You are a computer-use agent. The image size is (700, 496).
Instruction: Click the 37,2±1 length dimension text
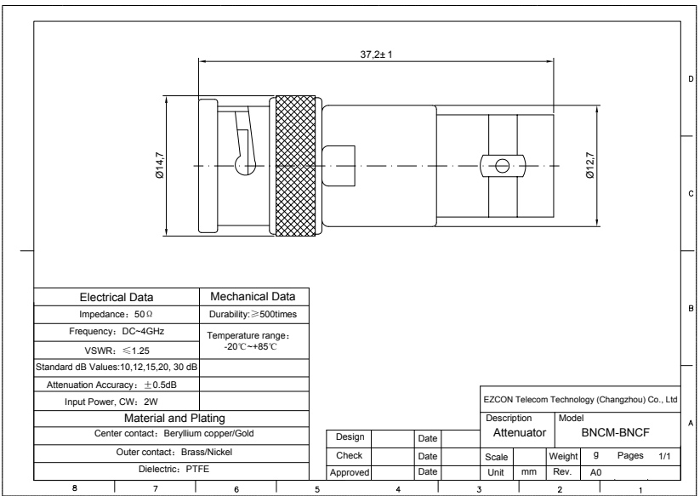[x=376, y=54]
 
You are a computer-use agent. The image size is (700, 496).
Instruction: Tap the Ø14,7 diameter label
[x=159, y=166]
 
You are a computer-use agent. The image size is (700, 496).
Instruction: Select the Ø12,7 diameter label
[x=589, y=166]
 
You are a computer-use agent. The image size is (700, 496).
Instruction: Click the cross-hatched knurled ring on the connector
[x=295, y=166]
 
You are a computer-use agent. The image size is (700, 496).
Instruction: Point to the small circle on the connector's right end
[x=502, y=166]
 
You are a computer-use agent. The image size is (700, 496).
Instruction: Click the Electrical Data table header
[x=117, y=297]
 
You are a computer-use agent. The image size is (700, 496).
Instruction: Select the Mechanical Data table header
[x=253, y=296]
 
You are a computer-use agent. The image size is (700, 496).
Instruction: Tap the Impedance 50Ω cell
[x=116, y=314]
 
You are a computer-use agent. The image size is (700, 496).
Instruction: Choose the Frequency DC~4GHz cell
[x=117, y=331]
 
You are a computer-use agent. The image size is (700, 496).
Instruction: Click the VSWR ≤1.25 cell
[x=117, y=351]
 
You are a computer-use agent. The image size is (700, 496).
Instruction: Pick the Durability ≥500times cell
[x=253, y=314]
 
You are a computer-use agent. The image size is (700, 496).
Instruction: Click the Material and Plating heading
[x=174, y=419]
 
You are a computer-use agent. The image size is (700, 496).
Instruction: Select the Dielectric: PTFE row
[x=174, y=470]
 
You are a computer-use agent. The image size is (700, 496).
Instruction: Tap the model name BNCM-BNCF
[x=616, y=432]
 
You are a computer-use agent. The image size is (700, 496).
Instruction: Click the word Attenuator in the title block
[x=520, y=432]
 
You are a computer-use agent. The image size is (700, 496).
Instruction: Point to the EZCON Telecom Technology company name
[x=580, y=400]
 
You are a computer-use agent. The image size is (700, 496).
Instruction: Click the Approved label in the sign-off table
[x=350, y=472]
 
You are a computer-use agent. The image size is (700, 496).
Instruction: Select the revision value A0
[x=595, y=472]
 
